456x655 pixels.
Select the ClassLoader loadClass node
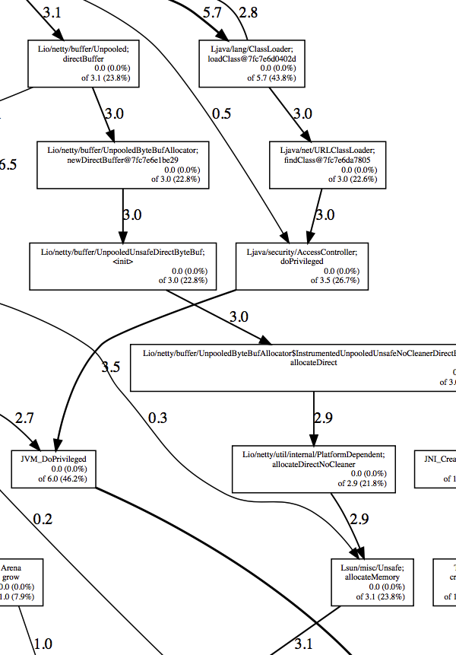point(252,62)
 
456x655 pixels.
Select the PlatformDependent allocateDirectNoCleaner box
point(314,469)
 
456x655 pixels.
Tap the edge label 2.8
point(248,12)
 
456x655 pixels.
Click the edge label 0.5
point(221,113)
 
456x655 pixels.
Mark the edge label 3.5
point(111,367)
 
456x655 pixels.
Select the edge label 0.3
point(157,418)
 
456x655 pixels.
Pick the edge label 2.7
point(24,418)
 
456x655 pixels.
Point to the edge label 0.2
point(43,520)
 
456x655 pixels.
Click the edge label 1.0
point(43,644)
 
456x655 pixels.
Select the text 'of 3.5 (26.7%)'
point(334,280)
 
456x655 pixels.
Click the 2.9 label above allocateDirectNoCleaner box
point(323,418)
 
